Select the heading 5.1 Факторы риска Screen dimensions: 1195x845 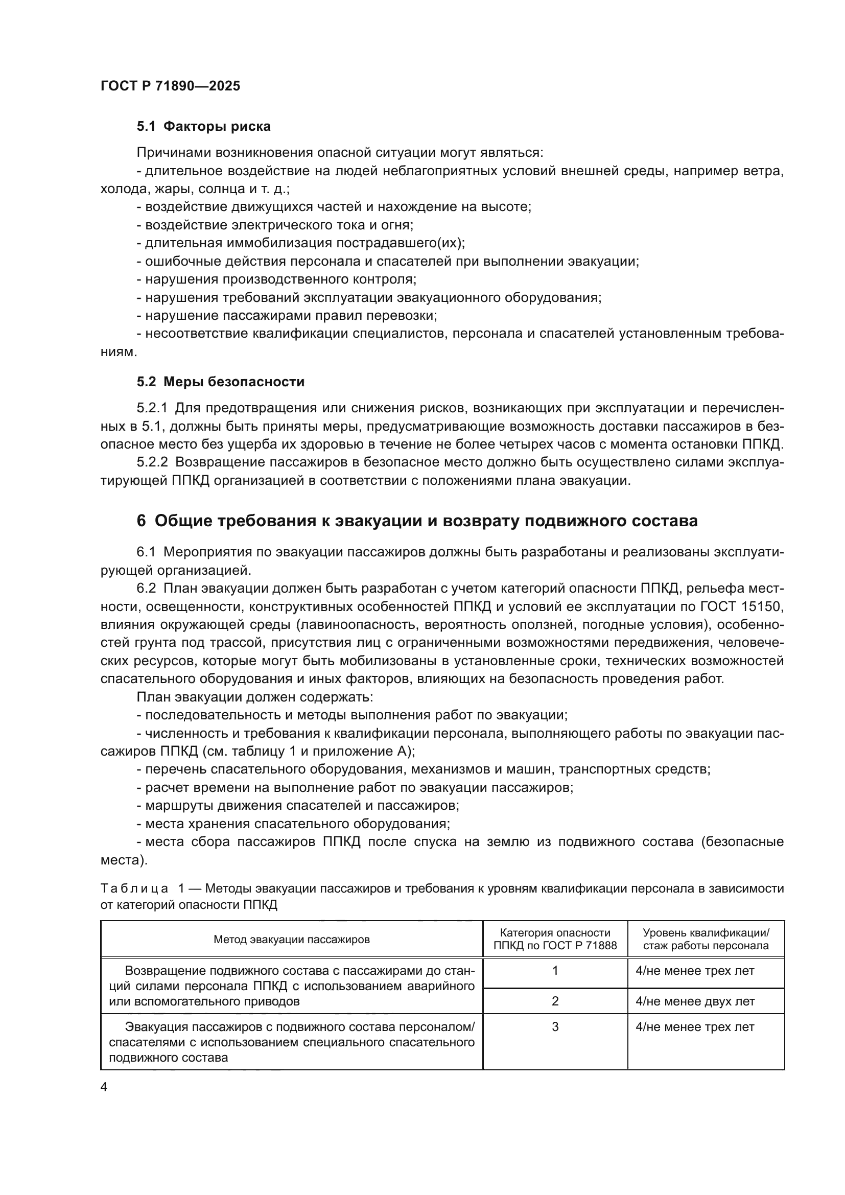point(203,127)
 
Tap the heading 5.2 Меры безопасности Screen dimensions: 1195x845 point(221,382)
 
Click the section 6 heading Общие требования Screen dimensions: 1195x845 point(417,521)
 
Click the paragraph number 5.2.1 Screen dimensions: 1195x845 point(151,408)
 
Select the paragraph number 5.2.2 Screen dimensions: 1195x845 point(151,462)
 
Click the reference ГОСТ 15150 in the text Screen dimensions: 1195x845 point(750,606)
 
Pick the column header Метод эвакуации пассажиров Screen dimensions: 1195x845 point(291,940)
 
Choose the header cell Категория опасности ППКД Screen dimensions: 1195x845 point(555,940)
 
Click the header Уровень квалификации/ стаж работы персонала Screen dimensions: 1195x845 point(706,940)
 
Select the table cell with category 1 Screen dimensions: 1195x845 point(555,971)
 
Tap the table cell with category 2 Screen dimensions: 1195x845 point(555,1001)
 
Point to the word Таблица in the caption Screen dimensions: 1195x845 point(134,888)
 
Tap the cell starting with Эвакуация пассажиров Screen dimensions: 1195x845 point(291,1042)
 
